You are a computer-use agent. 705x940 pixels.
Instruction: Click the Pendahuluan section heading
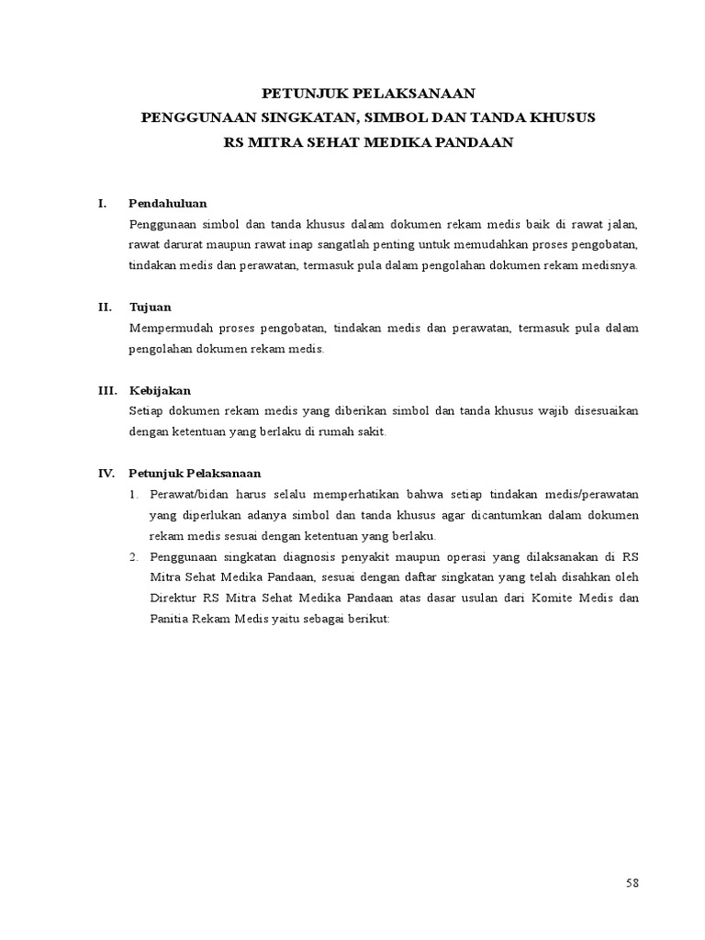pyautogui.click(x=167, y=203)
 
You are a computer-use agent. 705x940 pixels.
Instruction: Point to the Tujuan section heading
pyautogui.click(x=150, y=308)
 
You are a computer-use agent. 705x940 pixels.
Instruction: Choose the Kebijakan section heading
pyautogui.click(x=160, y=390)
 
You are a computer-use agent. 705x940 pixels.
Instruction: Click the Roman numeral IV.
pyautogui.click(x=106, y=474)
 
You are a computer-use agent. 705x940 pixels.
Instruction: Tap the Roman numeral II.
pyautogui.click(x=104, y=308)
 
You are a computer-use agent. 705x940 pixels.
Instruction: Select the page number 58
pyautogui.click(x=632, y=883)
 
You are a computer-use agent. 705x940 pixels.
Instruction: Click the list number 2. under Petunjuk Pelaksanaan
pyautogui.click(x=133, y=556)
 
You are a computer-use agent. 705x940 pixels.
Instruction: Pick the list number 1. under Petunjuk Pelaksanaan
pyautogui.click(x=133, y=495)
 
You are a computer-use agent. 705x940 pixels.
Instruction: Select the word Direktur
pyautogui.click(x=173, y=598)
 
